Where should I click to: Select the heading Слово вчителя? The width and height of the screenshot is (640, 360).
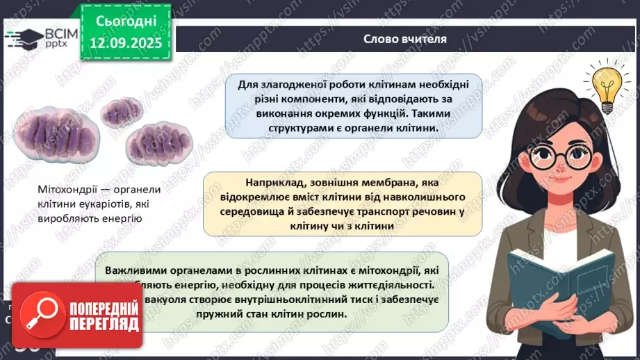[x=404, y=39]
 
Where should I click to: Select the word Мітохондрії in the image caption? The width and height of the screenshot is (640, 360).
[x=66, y=190]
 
